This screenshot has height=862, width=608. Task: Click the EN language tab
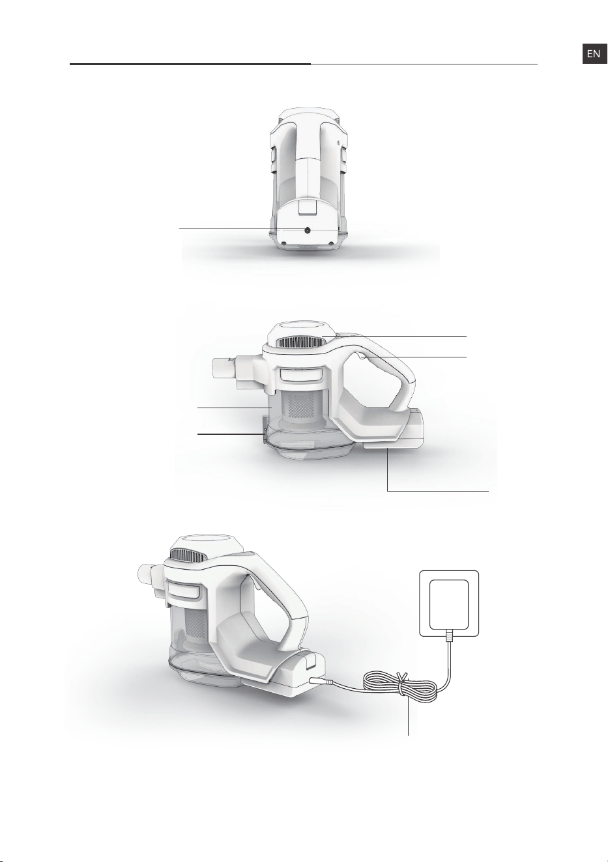(x=594, y=54)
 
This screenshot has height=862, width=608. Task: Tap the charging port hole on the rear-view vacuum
(x=308, y=230)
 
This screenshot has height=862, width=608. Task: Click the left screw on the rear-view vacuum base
(x=283, y=243)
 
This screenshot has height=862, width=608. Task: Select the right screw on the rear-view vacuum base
(x=330, y=243)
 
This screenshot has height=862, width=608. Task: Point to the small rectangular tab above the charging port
(x=308, y=207)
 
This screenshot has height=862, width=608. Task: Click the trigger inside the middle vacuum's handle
(x=362, y=357)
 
